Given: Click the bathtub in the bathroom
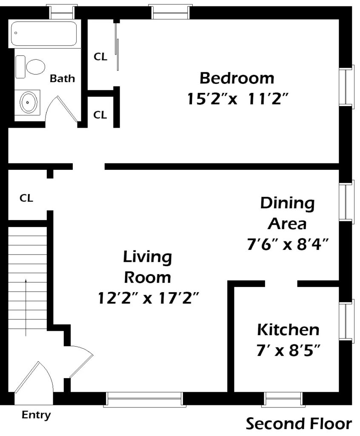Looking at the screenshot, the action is click(44, 34).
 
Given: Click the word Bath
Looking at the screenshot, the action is click(62, 78).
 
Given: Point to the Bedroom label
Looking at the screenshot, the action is click(237, 78).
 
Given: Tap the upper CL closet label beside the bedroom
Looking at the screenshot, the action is click(100, 57).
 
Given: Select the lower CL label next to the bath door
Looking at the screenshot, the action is click(100, 115).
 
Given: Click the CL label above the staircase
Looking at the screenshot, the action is click(26, 198).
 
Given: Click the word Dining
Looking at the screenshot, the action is click(287, 204).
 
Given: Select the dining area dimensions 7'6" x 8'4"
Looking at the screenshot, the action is click(288, 244).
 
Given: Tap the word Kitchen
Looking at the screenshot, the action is click(288, 330).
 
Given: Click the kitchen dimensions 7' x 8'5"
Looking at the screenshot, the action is click(288, 350).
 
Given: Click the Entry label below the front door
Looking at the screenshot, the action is click(36, 415).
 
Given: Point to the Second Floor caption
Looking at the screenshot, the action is click(299, 424).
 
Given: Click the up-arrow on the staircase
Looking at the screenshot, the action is click(26, 307).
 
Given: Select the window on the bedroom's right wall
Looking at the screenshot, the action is click(347, 87).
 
